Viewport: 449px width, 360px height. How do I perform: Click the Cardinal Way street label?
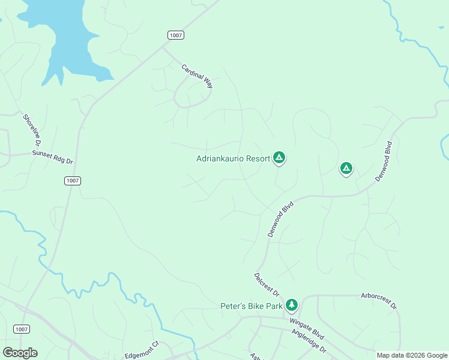pos(197,76)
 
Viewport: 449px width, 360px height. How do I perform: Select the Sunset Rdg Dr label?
pos(52,158)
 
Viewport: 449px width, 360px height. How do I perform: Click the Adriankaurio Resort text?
pos(233,159)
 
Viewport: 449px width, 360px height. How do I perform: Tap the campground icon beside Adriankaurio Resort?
pos(279,158)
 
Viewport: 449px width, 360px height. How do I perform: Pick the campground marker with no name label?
pos(346,169)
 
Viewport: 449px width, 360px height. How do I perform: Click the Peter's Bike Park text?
pos(250,307)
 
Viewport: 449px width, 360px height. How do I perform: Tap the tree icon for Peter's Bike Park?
pos(292,305)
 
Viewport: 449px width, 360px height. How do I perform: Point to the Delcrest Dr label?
pos(267,285)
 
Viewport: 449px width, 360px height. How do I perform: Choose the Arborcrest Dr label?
pos(379,301)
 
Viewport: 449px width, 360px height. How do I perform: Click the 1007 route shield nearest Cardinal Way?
pos(176,35)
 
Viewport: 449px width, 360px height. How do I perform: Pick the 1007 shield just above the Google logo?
pos(21,329)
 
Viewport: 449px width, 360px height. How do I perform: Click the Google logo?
pos(20,352)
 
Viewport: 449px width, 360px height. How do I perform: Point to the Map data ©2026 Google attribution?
pos(412,355)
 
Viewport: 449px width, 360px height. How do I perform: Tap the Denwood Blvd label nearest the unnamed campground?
pos(384,161)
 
